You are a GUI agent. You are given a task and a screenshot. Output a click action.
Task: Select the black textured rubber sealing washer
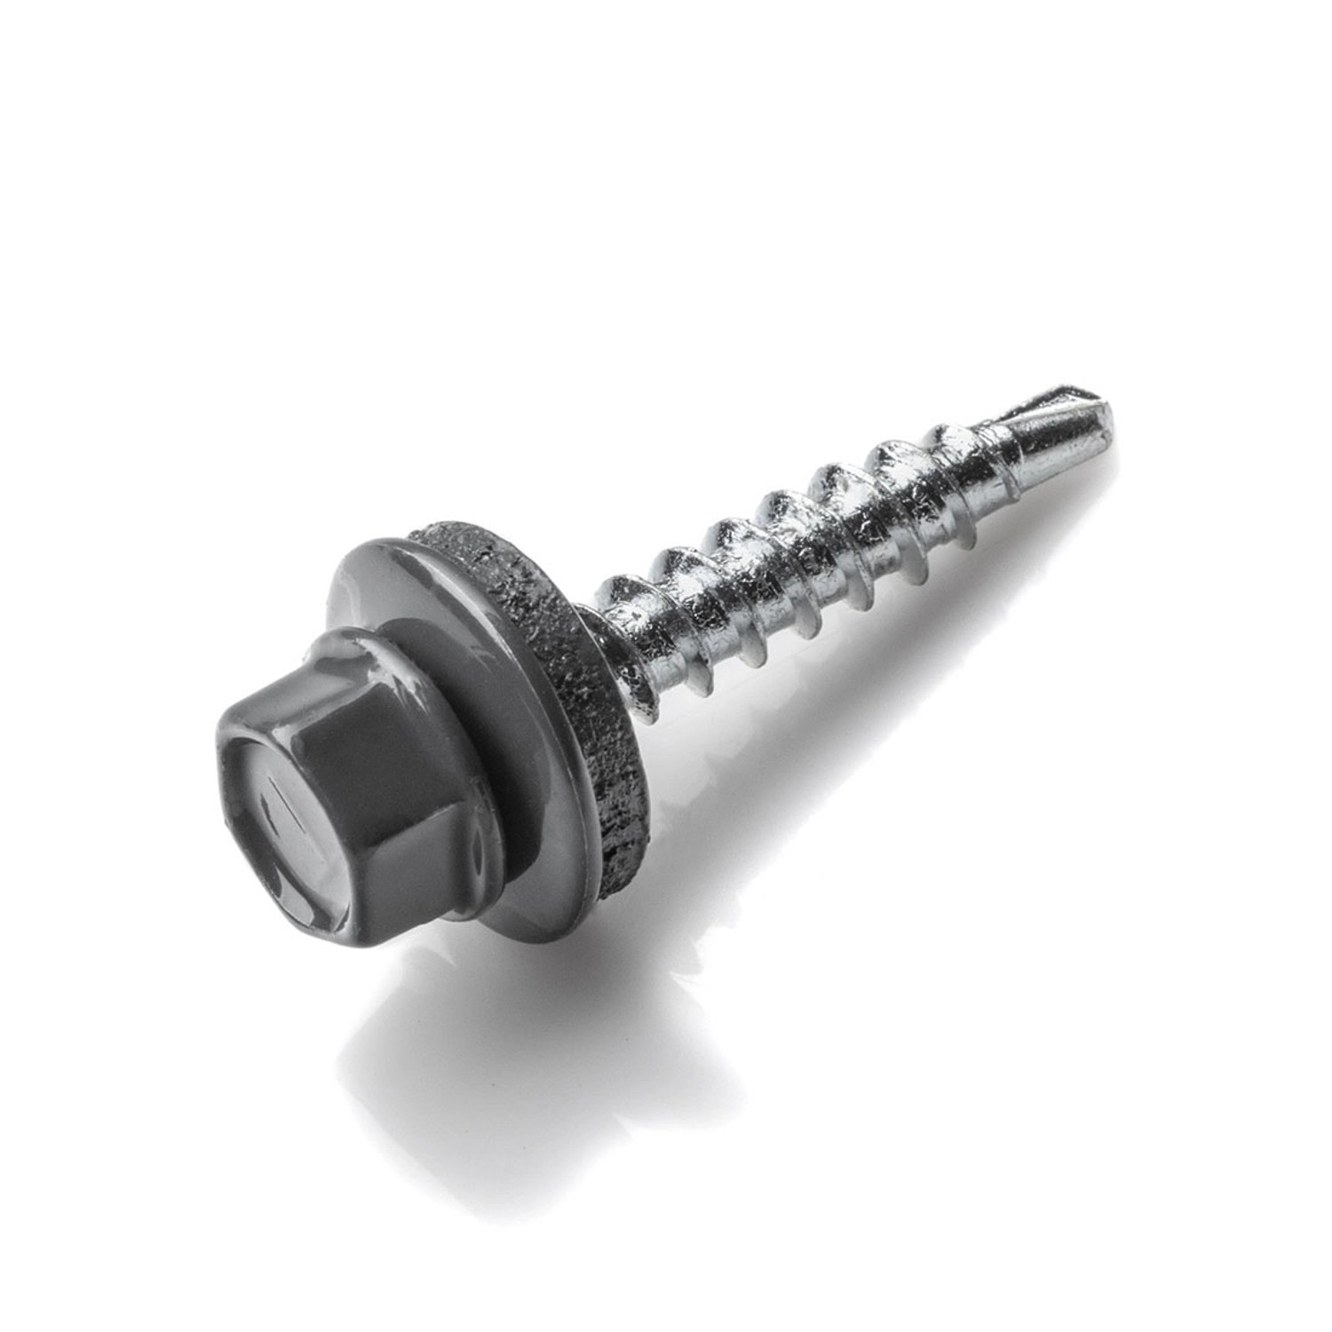click(x=577, y=693)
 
